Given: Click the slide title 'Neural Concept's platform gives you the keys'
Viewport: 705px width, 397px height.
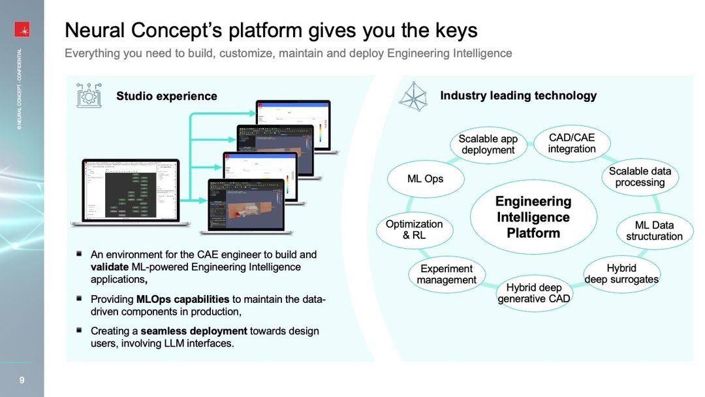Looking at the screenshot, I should [271, 30].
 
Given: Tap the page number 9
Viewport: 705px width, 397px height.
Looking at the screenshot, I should [22, 380].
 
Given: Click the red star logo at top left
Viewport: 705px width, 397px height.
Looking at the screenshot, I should [22, 29].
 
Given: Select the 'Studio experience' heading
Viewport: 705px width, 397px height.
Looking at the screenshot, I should [166, 96].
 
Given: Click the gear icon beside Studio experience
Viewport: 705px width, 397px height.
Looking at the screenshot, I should [89, 95].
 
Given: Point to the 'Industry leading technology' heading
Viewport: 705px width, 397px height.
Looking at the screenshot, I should [518, 95].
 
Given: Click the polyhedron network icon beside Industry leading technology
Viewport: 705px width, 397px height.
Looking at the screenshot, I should [413, 96].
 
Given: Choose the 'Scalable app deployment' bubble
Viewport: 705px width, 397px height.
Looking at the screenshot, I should [488, 144].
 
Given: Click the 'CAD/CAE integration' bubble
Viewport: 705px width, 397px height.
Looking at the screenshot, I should [572, 144].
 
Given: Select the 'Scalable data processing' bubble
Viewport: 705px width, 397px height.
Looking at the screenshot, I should [640, 177].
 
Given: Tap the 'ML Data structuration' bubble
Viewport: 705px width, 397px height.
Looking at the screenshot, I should [654, 230].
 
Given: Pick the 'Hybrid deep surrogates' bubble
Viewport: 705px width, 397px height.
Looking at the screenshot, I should [621, 274].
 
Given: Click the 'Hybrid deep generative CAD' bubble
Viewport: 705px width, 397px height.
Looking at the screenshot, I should [534, 293].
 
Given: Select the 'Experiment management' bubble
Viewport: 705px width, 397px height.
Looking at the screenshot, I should [446, 274].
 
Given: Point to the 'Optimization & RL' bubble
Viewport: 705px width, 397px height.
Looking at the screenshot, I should [414, 229].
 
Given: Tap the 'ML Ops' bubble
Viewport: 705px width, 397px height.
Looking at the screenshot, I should [425, 178].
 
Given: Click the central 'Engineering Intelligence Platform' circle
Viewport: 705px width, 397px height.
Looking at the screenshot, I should [533, 217].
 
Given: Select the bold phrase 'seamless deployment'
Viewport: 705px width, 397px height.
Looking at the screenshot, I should [203, 331].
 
